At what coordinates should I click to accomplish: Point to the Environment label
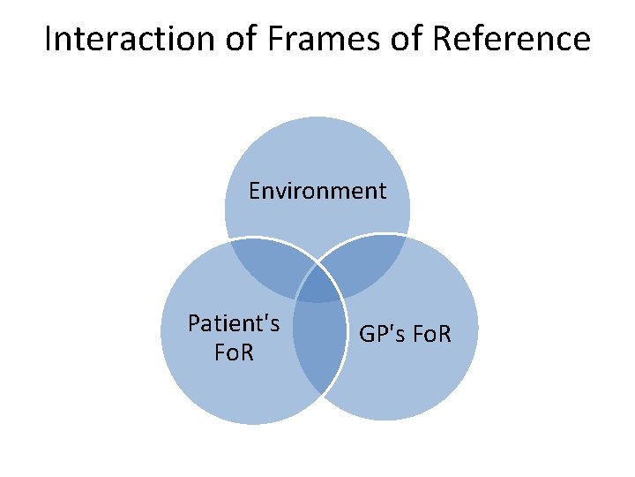pos(317,191)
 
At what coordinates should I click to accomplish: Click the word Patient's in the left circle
pos(234,324)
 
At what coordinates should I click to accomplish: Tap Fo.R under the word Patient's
pos(234,352)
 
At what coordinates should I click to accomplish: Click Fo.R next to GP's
pos(430,335)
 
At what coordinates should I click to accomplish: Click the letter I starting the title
pos(48,39)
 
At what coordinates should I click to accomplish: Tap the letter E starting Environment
pos(255,191)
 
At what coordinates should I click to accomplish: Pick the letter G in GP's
pos(366,335)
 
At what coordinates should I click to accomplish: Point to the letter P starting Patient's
pos(194,324)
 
